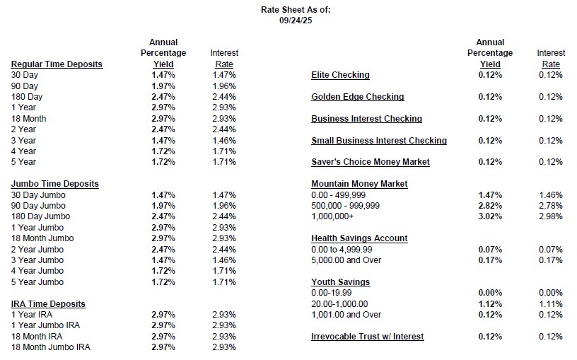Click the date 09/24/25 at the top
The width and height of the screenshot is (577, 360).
(295, 21)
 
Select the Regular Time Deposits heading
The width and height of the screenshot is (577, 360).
(57, 64)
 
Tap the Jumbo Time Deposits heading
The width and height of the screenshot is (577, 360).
(54, 184)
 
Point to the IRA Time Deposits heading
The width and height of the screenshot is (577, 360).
(48, 304)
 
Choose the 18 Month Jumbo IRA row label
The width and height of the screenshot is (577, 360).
(51, 347)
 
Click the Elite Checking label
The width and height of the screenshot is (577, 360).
(340, 75)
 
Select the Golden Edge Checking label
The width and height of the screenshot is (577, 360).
(357, 97)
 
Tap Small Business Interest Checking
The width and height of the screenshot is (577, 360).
(379, 141)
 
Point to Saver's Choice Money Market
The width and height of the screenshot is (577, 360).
(371, 162)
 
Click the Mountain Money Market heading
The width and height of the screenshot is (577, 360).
(359, 184)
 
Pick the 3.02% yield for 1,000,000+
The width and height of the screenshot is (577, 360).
(490, 216)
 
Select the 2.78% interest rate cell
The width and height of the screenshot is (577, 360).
(550, 205)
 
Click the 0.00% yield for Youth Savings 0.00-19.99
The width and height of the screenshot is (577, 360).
(490, 293)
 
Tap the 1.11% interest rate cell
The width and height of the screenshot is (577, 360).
(550, 303)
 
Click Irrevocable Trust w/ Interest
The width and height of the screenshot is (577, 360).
(368, 337)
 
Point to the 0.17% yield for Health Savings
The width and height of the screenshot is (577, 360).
(490, 260)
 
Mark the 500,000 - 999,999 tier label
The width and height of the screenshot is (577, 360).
(346, 205)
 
